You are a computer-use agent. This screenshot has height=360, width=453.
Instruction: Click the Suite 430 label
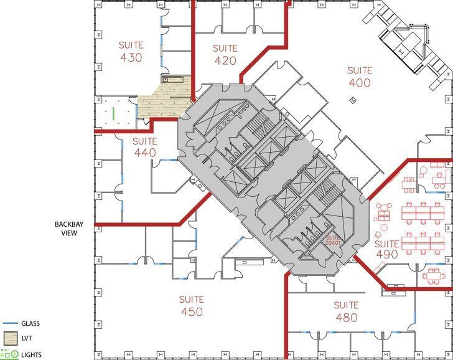(x=131, y=51)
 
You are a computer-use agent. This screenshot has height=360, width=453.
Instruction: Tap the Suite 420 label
(x=225, y=54)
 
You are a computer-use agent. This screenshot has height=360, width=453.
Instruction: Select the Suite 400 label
(x=359, y=76)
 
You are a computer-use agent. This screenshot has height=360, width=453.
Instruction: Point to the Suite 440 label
(x=144, y=147)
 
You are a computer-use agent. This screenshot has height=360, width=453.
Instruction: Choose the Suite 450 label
(x=191, y=305)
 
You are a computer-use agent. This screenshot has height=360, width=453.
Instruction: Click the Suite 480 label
(x=346, y=311)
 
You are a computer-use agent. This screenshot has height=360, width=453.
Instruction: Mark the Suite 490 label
(x=386, y=249)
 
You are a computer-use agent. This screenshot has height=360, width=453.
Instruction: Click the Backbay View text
(x=68, y=229)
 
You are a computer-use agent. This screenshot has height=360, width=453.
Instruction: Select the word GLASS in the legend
(x=31, y=323)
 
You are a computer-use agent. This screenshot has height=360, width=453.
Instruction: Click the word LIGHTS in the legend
(x=32, y=354)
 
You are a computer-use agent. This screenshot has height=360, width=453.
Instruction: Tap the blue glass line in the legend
(x=9, y=323)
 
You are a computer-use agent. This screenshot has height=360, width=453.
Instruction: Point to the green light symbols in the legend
(x=9, y=354)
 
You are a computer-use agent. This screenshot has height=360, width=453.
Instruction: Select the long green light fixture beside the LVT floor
(x=113, y=113)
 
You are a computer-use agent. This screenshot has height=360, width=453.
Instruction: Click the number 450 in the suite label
(x=191, y=311)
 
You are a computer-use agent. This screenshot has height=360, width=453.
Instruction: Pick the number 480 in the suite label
(x=346, y=318)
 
